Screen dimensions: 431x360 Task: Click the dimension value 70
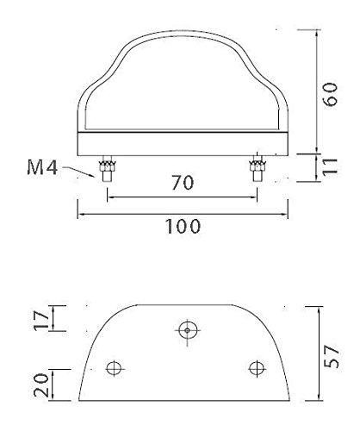pos(182,183)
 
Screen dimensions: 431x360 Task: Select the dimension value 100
pos(182,226)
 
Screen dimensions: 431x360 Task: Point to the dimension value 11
pos(328,166)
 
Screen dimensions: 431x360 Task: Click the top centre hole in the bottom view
pos(187,328)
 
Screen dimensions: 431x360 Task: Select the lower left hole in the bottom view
pos(112,369)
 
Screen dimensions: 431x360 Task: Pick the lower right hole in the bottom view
pos(254,369)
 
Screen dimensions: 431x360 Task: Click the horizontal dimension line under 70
pos(182,196)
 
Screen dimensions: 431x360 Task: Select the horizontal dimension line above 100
pos(182,211)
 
